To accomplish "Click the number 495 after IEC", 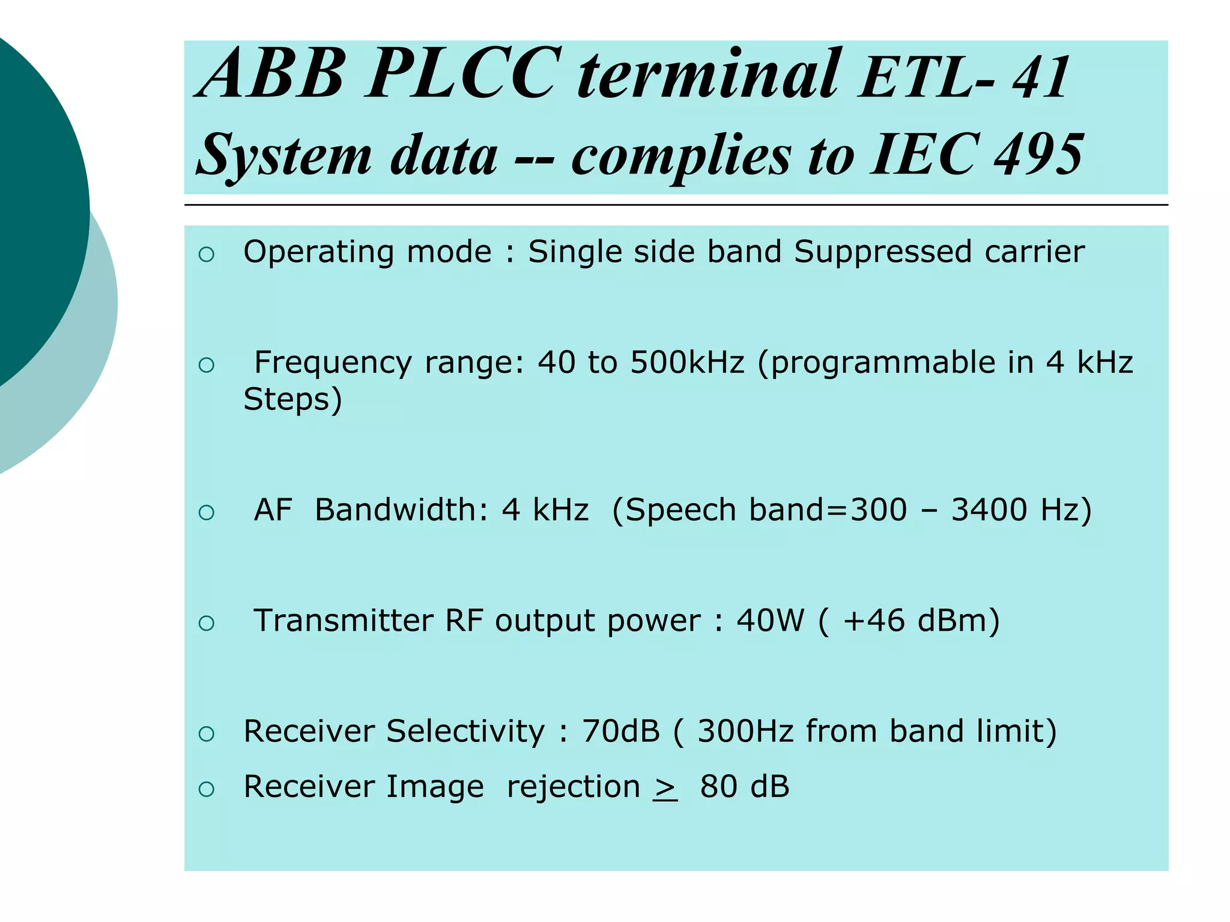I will point(1039,155).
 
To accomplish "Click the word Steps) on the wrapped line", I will point(293,400).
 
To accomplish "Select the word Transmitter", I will point(343,621).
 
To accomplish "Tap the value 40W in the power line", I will point(770,621).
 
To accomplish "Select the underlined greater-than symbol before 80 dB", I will point(665,789).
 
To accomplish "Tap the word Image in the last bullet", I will point(435,787).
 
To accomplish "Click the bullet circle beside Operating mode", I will point(206,255).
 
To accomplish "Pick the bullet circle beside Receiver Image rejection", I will point(206,789).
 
